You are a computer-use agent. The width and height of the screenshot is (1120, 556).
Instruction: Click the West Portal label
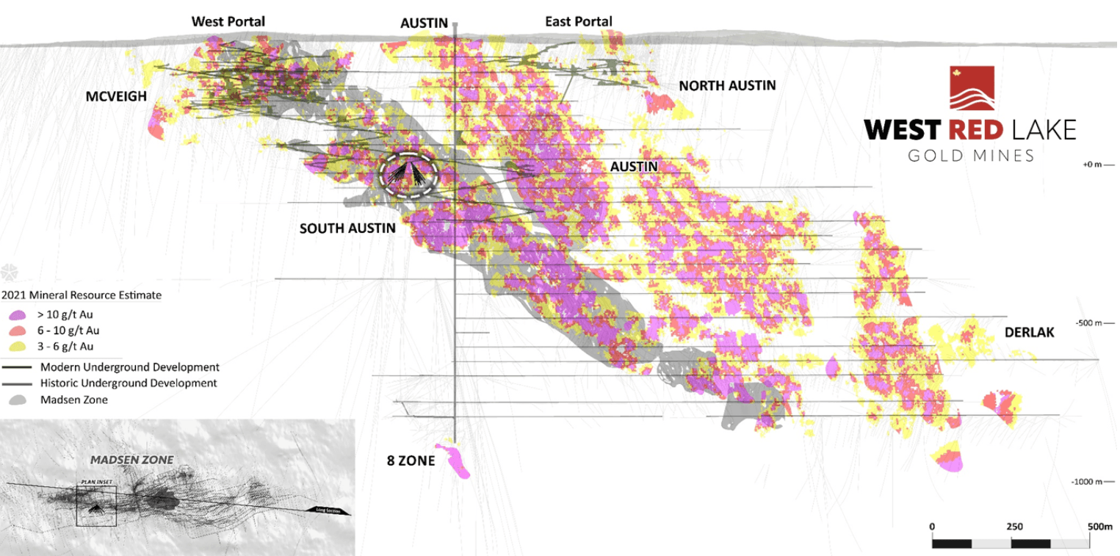(x=228, y=21)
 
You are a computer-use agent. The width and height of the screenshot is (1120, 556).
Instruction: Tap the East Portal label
(x=578, y=21)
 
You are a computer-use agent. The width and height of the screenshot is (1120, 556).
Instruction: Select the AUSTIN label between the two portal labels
(x=424, y=24)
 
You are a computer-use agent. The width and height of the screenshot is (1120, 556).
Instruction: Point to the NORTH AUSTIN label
(x=727, y=86)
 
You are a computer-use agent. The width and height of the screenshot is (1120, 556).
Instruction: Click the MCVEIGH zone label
(x=117, y=97)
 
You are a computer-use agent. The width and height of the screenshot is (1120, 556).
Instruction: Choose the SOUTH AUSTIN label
(x=347, y=228)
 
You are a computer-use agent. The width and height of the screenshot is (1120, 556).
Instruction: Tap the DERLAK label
(x=1029, y=333)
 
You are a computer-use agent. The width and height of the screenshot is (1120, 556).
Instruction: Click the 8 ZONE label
(x=411, y=461)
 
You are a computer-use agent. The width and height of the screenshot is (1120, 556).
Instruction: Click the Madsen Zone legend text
(x=73, y=400)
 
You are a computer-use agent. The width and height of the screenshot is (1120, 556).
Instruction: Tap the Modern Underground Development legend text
(x=130, y=367)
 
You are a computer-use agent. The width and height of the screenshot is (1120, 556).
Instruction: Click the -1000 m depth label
(x=1092, y=482)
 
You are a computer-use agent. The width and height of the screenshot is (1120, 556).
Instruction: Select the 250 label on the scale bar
(x=1014, y=527)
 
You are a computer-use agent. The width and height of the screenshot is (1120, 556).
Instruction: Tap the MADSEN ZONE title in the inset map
(x=131, y=460)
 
